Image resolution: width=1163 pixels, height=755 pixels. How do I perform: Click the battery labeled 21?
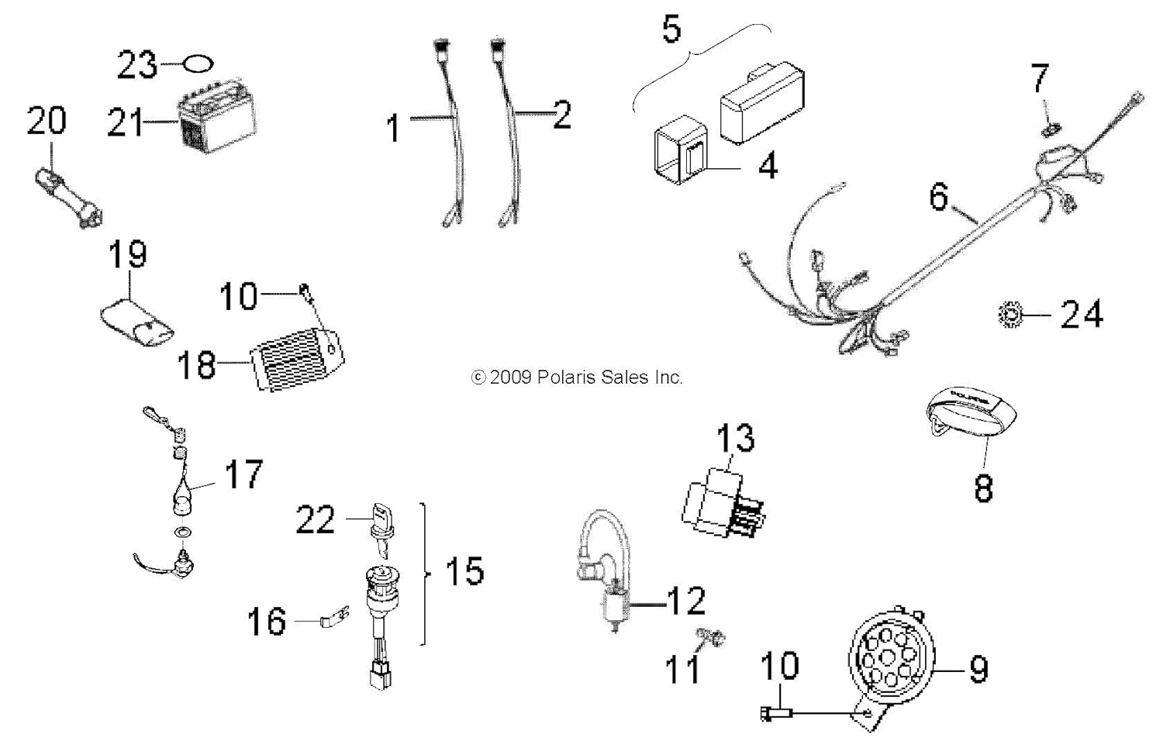(218, 122)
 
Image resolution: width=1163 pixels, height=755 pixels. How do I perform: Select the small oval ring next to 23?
(199, 64)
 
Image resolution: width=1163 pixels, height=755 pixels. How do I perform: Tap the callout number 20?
(47, 121)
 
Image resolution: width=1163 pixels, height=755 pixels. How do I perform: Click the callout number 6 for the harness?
(939, 197)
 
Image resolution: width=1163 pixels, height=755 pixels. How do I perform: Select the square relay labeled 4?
(682, 149)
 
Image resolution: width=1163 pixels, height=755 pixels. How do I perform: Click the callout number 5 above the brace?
(671, 29)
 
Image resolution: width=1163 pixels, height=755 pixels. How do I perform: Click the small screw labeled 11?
(709, 637)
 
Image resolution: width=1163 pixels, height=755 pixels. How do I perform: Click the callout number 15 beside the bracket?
(464, 571)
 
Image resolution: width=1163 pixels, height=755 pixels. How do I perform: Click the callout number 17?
(243, 474)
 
